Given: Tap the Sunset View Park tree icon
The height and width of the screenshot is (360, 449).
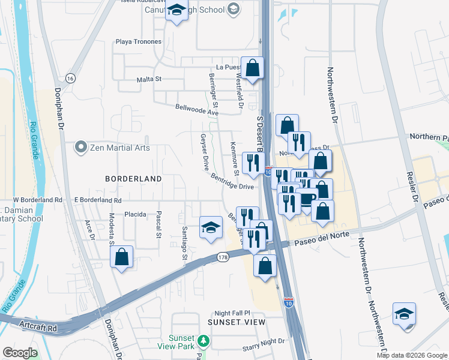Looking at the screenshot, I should pos(204,342).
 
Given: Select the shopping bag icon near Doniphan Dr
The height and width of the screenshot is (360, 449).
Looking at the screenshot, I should pos(122,257).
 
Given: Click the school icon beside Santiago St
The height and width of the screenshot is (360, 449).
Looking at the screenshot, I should pos(211,227).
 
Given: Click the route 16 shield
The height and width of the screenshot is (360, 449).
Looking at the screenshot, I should pos(71,79).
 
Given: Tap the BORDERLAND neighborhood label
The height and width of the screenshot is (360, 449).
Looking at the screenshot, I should pos(133,179).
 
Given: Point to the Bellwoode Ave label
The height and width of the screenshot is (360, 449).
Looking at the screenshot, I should pos(197,110).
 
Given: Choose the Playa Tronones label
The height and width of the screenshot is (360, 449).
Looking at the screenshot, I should pos(139,41).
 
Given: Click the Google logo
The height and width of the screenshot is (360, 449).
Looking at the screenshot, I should pos(20,353).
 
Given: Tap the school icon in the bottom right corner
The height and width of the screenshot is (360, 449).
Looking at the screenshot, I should pos(404,313).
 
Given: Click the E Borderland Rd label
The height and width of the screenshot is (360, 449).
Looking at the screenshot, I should pos(98,200).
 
